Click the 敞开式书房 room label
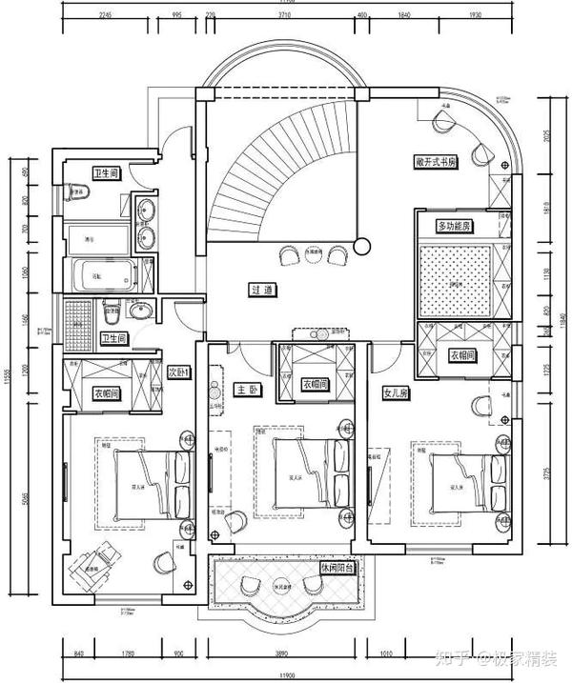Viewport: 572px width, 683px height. click(x=437, y=162)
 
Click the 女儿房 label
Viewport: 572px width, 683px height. click(x=396, y=392)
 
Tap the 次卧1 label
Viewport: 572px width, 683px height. click(x=180, y=372)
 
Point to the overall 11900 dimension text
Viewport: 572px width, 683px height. click(x=286, y=675)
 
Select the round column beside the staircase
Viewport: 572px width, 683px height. click(x=360, y=246)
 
